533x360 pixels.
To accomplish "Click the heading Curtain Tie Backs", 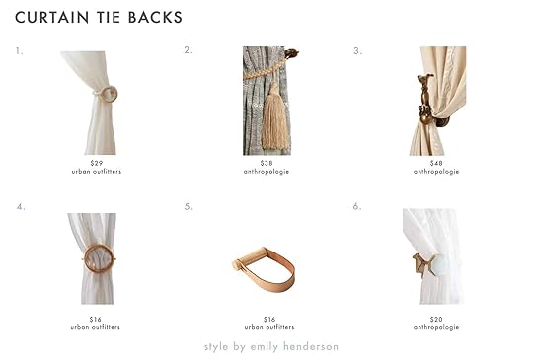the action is (99, 18).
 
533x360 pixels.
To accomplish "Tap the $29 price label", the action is (97, 163).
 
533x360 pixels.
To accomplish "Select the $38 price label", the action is (266, 163).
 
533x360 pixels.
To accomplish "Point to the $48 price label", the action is (436, 163).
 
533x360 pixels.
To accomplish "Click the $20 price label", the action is (436, 320).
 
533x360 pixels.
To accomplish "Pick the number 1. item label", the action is (19, 51).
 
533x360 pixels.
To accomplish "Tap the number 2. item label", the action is (189, 50).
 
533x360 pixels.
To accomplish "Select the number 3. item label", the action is (357, 51).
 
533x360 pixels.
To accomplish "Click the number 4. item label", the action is (21, 207).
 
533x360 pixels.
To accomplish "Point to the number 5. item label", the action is (189, 207).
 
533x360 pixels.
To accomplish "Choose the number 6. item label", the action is (357, 206).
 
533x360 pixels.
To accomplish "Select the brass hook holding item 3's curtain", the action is (424, 101).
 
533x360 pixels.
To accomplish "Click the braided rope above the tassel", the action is (265, 70).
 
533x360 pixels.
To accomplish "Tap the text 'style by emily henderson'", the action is (271, 347).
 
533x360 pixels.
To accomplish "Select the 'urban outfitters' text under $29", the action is (97, 172).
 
